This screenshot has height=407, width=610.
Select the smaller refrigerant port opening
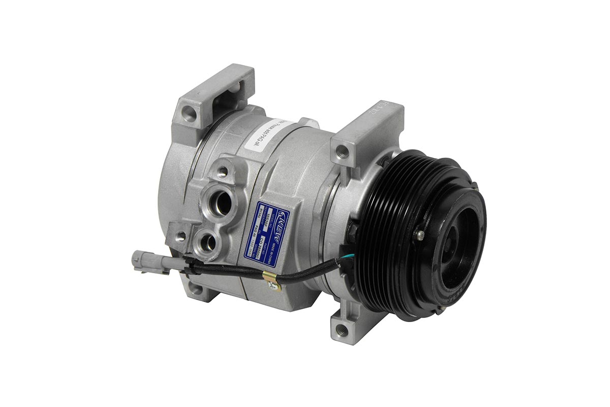pos(208,242)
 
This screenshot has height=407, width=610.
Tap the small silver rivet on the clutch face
pos(420,235)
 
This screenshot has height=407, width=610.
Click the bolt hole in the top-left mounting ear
pos(189,114)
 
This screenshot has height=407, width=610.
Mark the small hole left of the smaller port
pos(181,237)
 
